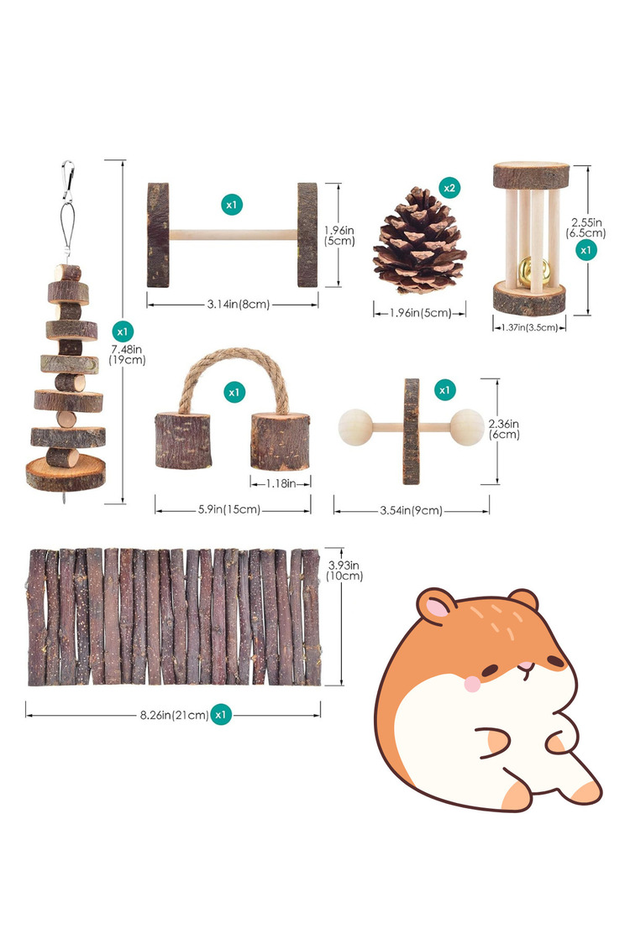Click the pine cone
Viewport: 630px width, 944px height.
(419, 241)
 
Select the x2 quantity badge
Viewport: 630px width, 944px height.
(449, 188)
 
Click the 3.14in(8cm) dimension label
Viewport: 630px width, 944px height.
(239, 305)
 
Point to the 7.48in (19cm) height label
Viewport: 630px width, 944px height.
(127, 355)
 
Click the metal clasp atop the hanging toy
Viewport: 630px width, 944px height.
(67, 181)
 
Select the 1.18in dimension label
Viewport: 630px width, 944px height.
(281, 483)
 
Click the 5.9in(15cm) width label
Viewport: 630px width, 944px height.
(229, 509)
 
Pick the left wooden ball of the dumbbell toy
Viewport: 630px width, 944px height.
(355, 427)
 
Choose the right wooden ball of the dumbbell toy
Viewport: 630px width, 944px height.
(467, 427)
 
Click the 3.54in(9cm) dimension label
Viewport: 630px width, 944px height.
(411, 510)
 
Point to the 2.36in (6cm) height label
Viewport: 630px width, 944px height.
(504, 430)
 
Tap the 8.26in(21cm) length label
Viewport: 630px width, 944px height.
(174, 715)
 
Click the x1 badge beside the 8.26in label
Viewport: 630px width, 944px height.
(221, 715)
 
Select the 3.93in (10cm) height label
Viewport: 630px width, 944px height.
(344, 571)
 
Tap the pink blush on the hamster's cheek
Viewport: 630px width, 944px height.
(473, 683)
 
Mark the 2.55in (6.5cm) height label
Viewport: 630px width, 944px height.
(586, 228)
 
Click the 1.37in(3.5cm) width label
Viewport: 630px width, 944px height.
(530, 327)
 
